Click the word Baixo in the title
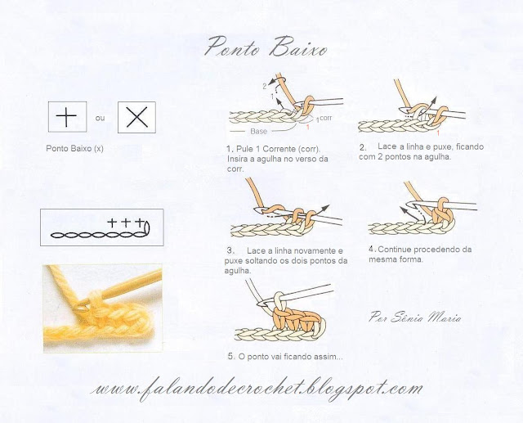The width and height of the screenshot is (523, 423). pos(298,48)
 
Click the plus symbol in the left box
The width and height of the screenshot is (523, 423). pos(66,116)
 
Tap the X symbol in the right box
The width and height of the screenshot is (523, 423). pos(136,117)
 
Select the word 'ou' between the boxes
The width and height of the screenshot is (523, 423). pos(100,118)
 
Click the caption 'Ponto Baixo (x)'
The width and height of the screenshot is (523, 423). pos(74,148)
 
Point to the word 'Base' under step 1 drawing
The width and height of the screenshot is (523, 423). pos(258,131)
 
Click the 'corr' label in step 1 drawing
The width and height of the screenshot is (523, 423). pos(325,118)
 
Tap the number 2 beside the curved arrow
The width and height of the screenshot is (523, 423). pos(265,87)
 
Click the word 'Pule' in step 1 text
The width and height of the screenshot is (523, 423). pos(245,149)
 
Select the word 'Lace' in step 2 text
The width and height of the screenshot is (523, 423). pos(387,146)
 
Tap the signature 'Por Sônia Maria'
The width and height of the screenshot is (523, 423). pos(415,317)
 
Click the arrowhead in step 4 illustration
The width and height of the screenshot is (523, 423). pos(403,209)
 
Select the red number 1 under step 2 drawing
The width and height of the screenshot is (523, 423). pos(439,133)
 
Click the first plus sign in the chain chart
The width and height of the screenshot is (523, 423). pos(112,223)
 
